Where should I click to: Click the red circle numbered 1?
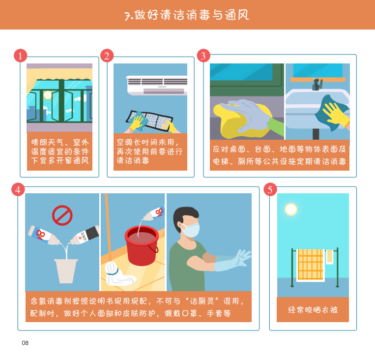point(20,56)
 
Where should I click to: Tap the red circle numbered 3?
point(203,56)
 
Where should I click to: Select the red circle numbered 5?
point(270,189)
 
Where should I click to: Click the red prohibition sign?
point(62,215)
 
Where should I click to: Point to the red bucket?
point(142,245)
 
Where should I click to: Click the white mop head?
point(118,274)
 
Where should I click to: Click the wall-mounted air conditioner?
point(157,86)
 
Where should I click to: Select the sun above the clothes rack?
point(291,209)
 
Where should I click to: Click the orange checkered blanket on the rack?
point(311,265)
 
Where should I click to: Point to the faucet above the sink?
point(317,84)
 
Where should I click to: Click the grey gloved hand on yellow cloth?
point(246,115)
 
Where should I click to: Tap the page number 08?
point(25,343)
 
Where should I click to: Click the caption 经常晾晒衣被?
point(313,310)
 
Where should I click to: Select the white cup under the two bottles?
point(66,271)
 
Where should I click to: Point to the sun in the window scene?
point(48,95)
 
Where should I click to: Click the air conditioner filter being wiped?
point(150,120)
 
